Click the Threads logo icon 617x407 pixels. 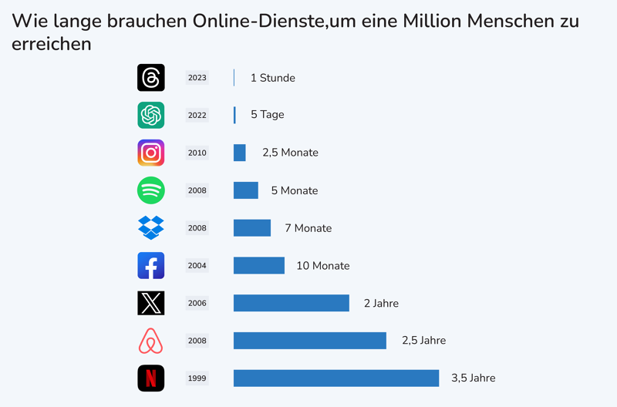pos(151,78)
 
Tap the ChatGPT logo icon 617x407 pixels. pos(151,115)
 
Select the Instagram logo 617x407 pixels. pos(151,153)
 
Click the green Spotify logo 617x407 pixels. pos(151,190)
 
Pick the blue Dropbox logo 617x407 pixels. pos(151,227)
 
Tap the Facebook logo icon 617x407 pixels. pos(151,265)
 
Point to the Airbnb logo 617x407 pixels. pos(151,341)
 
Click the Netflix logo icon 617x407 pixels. pos(151,378)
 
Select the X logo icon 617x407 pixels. pos(151,303)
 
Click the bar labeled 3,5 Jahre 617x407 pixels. pos(336,378)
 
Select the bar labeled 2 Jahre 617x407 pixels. pos(292,303)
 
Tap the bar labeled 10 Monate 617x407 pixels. pos(259,265)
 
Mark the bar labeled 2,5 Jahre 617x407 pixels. pos(310,341)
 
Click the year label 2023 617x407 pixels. pos(197,78)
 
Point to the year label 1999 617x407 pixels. pos(197,378)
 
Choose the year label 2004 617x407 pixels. pos(197,266)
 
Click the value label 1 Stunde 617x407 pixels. pos(273,78)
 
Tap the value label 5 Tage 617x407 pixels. pos(268,115)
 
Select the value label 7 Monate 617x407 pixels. pos(308,228)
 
